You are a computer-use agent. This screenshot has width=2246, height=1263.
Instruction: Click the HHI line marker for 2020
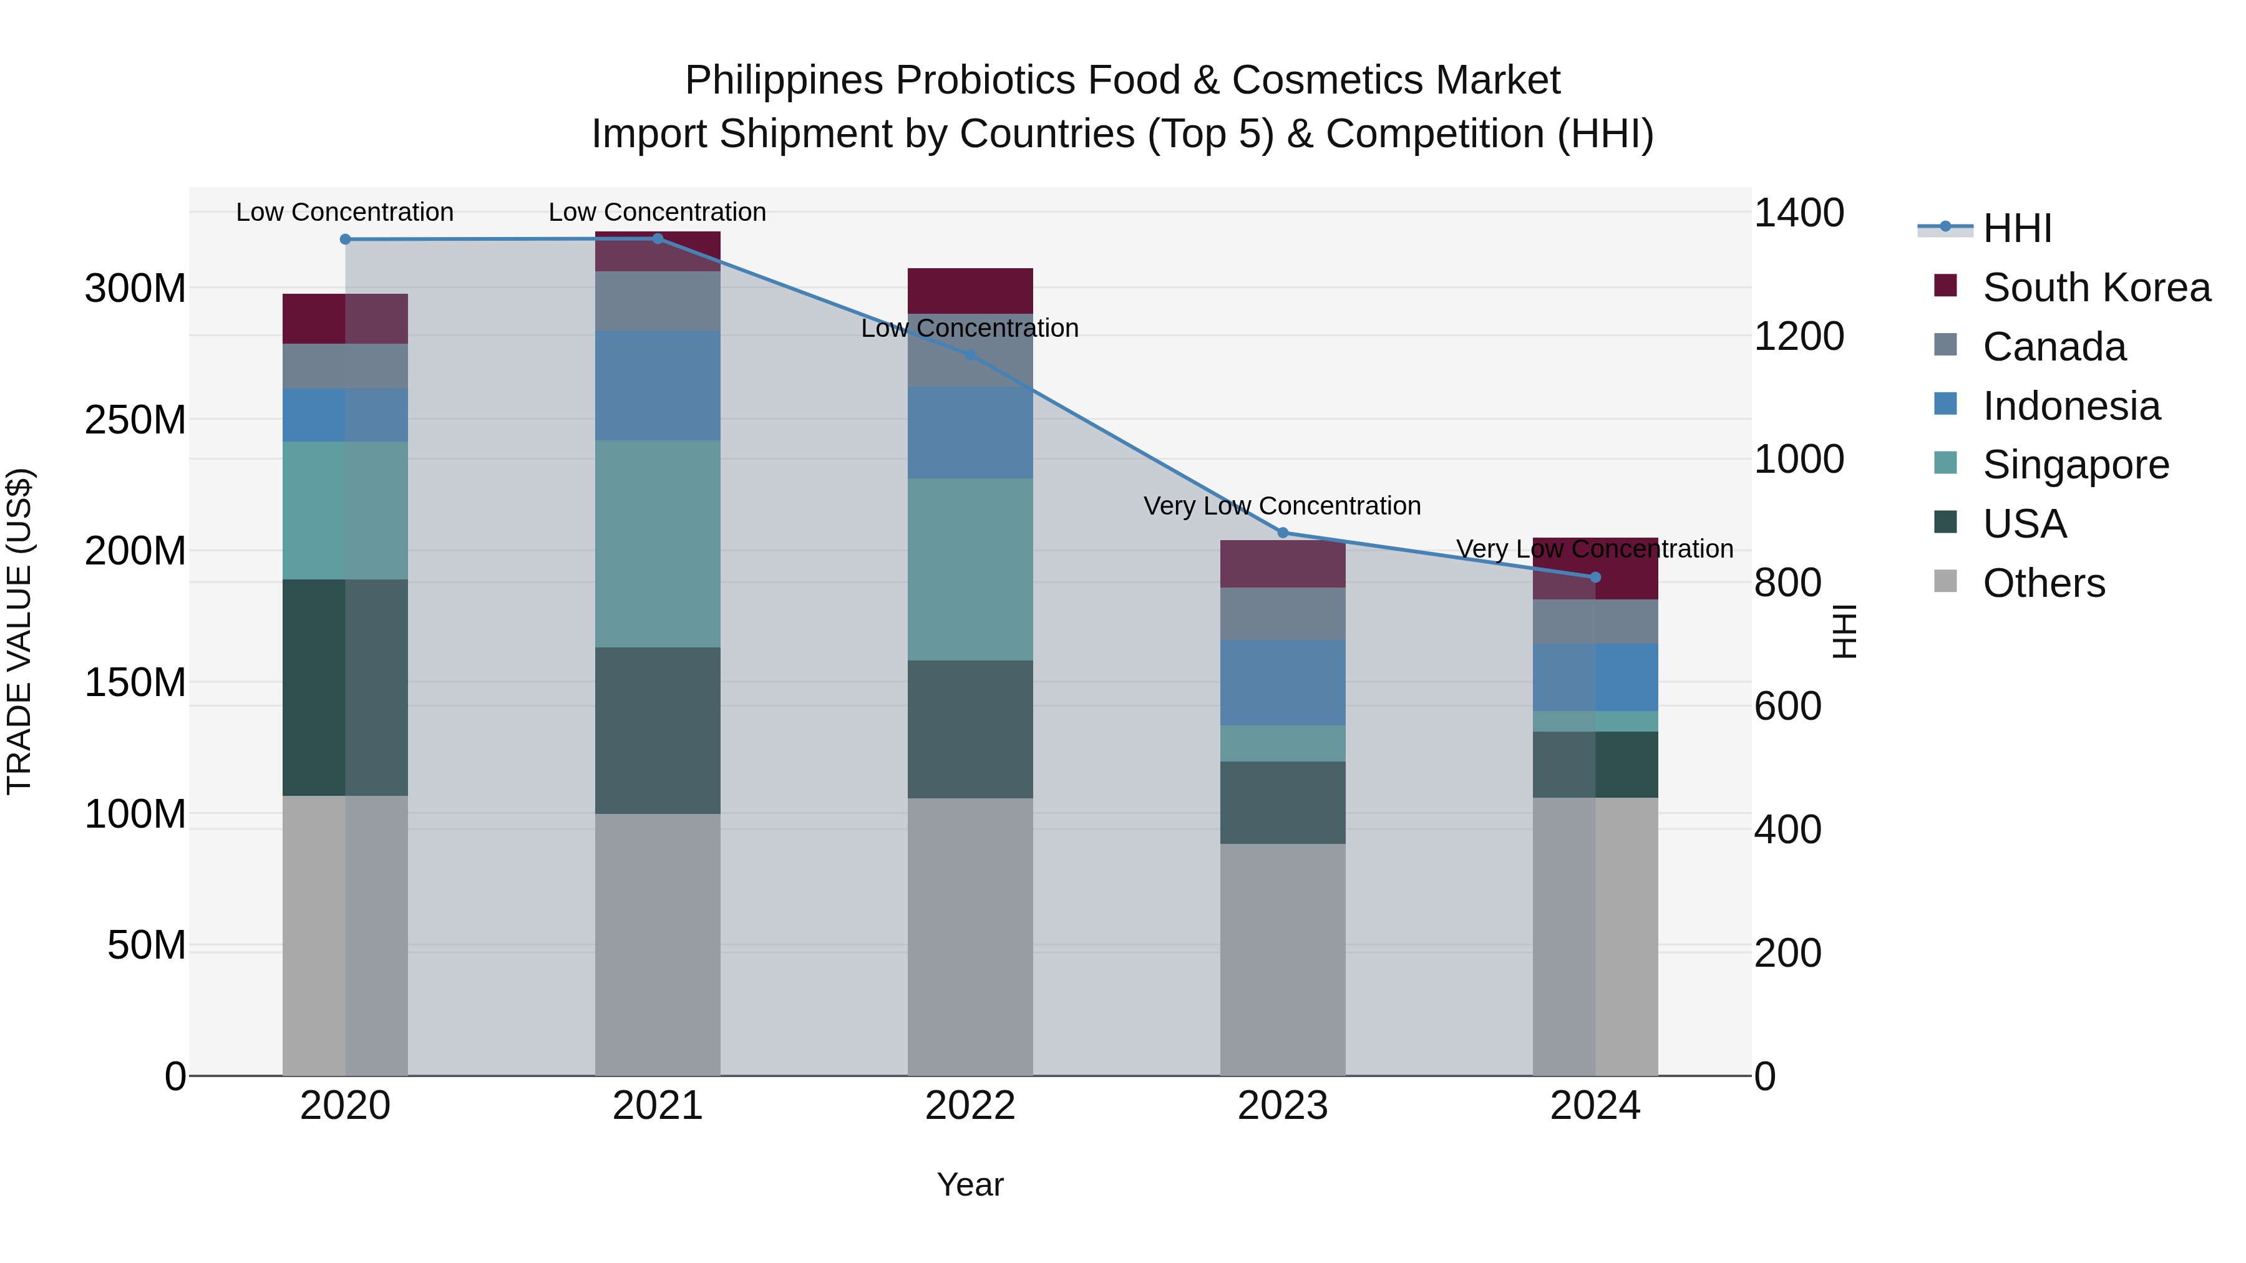345,239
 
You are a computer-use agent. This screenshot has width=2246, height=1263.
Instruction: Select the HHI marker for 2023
1283,533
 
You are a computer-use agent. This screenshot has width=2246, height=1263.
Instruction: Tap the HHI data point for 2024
1595,577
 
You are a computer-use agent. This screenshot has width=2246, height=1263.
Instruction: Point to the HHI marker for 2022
970,355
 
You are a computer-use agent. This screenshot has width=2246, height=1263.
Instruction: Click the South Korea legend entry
2096,288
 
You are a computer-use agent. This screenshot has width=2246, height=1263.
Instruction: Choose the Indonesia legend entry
2071,406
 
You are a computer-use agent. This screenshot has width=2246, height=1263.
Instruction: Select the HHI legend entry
2016,228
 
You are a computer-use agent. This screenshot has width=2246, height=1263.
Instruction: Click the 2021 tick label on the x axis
658,1106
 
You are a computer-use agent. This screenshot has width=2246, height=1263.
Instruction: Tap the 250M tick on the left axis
135,420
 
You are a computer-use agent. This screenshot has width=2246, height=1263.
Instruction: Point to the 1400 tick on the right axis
1798,213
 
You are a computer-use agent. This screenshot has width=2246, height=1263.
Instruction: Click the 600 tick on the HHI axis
1787,707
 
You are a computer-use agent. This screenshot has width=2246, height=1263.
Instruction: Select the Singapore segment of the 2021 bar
658,543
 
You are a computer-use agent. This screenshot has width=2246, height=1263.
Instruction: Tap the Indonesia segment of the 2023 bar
1283,682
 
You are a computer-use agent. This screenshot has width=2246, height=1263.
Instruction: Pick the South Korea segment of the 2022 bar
970,290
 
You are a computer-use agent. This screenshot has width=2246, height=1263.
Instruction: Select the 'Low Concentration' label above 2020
344,212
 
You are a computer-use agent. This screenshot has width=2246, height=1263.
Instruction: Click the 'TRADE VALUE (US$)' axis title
19,631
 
